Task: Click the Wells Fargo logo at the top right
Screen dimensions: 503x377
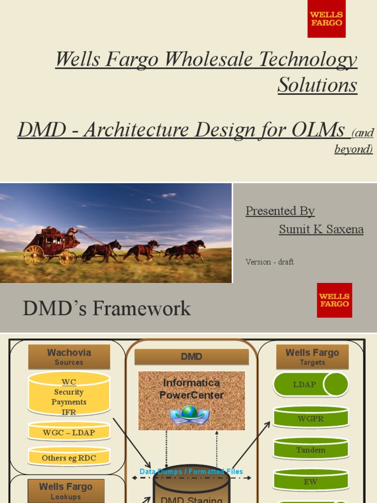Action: (326, 19)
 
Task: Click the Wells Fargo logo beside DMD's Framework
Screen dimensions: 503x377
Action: (334, 300)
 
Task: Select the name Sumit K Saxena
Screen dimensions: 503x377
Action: (321, 229)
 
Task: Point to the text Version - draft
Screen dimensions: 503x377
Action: (269, 262)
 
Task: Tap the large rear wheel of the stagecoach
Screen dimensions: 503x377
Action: (34, 254)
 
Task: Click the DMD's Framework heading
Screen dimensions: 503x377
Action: (107, 308)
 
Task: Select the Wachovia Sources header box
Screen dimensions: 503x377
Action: (69, 357)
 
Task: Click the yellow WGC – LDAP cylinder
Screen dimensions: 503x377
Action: (69, 432)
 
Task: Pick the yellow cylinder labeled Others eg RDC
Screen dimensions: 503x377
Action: (69, 457)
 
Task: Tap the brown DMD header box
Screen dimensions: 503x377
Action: (191, 357)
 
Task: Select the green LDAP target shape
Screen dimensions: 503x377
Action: (311, 384)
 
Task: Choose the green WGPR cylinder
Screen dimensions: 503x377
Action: (311, 418)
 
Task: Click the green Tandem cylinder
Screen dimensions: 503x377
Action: (311, 449)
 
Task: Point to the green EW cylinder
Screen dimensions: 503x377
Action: (311, 481)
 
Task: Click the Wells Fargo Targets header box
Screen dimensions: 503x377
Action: (312, 357)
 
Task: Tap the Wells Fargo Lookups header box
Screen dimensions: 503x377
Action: (66, 490)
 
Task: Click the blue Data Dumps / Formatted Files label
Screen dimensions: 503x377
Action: (191, 472)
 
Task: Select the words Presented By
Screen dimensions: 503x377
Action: (280, 211)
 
